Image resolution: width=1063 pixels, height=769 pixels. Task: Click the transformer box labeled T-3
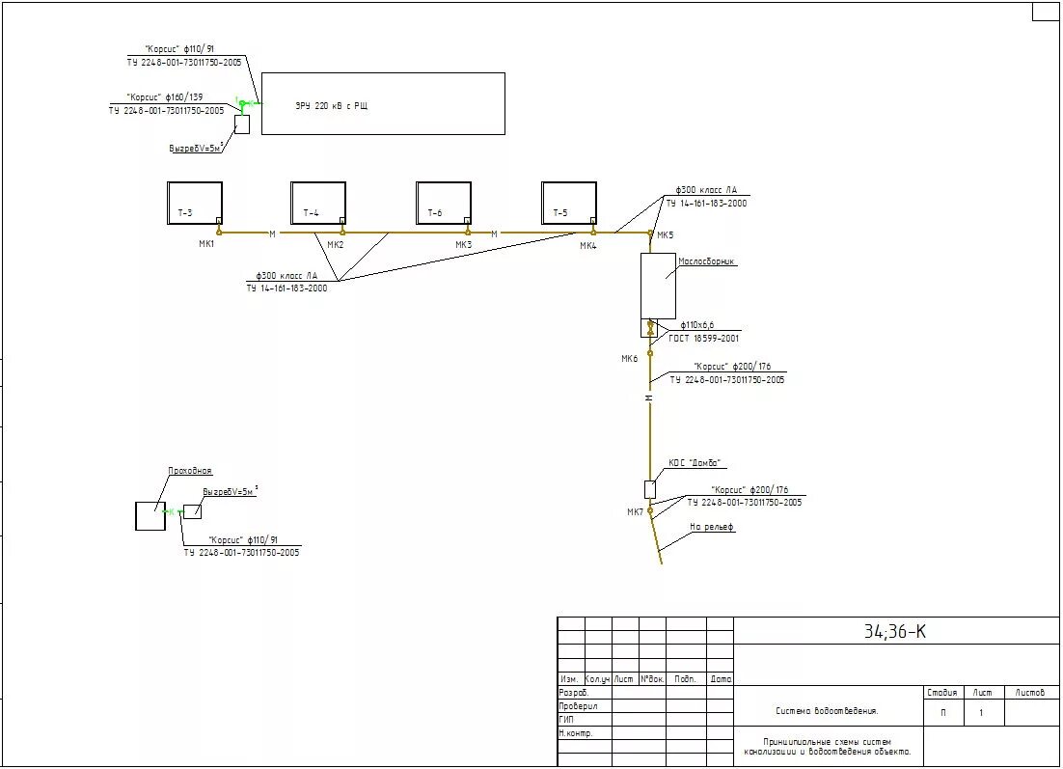pyautogui.click(x=195, y=204)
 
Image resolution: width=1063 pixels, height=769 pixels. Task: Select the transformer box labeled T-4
pyautogui.click(x=318, y=204)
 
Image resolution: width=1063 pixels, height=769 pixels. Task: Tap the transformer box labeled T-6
pyautogui.click(x=444, y=204)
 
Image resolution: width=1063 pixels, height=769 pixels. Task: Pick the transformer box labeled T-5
pyautogui.click(x=569, y=204)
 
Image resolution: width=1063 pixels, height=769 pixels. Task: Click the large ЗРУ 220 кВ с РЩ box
pyautogui.click(x=383, y=103)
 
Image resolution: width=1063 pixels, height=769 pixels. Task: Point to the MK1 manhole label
pyautogui.click(x=206, y=244)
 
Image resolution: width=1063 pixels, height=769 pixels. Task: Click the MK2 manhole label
pyautogui.click(x=335, y=245)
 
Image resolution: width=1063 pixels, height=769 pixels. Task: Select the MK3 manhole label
pyautogui.click(x=464, y=245)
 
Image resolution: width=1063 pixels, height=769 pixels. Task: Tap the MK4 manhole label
pyautogui.click(x=588, y=246)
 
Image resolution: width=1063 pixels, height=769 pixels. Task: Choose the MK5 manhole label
pyautogui.click(x=666, y=234)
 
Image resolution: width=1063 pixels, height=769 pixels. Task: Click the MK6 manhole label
pyautogui.click(x=629, y=359)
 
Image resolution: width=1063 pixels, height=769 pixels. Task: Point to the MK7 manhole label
pyautogui.click(x=635, y=511)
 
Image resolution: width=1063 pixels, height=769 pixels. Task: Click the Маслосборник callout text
pyautogui.click(x=707, y=261)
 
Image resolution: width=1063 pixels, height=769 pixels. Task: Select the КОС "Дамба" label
pyautogui.click(x=695, y=463)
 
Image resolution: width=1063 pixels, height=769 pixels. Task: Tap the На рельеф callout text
pyautogui.click(x=712, y=527)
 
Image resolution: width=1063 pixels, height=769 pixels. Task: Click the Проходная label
pyautogui.click(x=190, y=471)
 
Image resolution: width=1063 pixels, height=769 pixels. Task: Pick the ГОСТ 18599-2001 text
pyautogui.click(x=704, y=339)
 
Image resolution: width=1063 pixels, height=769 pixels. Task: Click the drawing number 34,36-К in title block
pyautogui.click(x=895, y=632)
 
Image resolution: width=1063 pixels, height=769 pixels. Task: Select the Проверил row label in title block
pyautogui.click(x=578, y=705)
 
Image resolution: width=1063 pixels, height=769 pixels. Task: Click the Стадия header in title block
pyautogui.click(x=942, y=693)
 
